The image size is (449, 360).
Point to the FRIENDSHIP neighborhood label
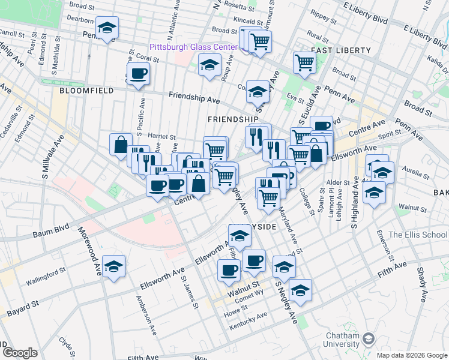pos(232,119)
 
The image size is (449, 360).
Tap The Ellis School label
pos(418,235)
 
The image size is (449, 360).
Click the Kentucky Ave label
pos(249,322)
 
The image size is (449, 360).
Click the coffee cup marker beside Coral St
pos(139,73)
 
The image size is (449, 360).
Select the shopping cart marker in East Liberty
pos(304,62)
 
